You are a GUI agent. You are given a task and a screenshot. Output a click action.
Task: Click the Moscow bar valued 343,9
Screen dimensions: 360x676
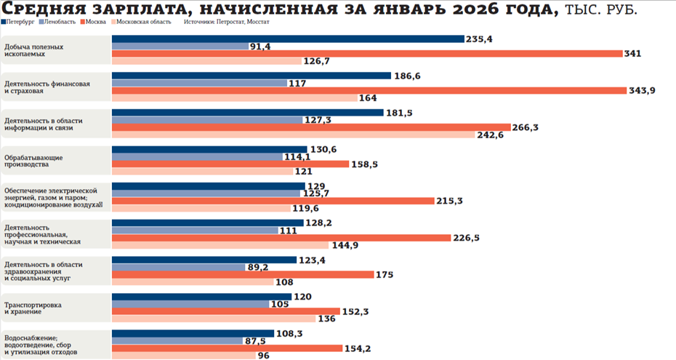click(369, 90)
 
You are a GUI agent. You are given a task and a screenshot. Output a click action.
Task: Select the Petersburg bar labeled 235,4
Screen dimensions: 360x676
click(288, 39)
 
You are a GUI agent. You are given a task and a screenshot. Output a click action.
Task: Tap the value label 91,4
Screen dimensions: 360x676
click(260, 47)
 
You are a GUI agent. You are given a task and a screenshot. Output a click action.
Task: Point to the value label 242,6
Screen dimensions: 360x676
click(490, 135)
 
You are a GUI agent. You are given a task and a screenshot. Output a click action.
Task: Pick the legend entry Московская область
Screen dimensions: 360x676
click(145, 22)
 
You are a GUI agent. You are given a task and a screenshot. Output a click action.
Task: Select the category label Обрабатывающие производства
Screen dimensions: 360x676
click(33, 161)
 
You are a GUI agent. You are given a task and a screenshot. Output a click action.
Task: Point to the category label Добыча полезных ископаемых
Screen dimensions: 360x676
click(33, 50)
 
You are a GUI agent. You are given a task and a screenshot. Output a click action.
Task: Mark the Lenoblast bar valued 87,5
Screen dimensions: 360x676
click(177, 340)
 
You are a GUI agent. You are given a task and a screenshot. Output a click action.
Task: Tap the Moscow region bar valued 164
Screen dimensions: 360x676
click(234, 98)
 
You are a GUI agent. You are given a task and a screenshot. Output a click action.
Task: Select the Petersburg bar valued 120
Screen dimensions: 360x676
click(201, 296)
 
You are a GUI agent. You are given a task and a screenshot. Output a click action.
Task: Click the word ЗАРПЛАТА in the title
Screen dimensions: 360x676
click(118, 9)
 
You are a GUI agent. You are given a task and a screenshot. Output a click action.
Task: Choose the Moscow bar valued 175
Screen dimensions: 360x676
click(243, 274)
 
